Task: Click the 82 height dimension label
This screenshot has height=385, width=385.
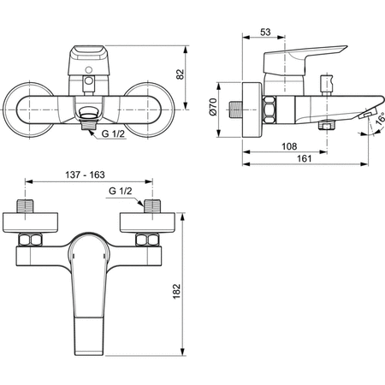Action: (x=181, y=74)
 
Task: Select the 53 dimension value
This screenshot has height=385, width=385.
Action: (x=265, y=33)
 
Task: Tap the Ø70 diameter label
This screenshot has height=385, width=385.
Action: (x=213, y=107)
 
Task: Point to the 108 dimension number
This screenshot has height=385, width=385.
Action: (x=289, y=146)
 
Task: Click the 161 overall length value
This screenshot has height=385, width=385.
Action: (x=305, y=158)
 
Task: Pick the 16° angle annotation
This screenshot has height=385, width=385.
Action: (x=380, y=119)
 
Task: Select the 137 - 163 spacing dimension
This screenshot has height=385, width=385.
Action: (x=85, y=175)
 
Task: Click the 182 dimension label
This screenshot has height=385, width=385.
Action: (x=177, y=291)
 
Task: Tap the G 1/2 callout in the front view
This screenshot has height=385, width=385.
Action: (x=113, y=133)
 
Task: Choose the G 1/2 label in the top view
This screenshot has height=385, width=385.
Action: (x=121, y=191)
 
